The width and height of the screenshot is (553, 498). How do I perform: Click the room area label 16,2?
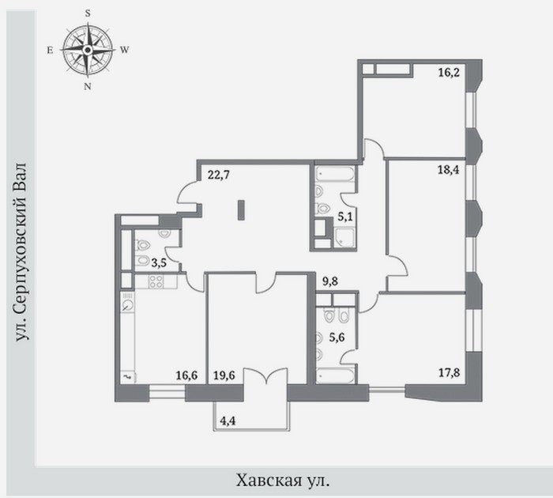pos(449,73)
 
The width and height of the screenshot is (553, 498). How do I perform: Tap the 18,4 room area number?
pos(449,170)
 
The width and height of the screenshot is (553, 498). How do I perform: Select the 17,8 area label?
pos(449,372)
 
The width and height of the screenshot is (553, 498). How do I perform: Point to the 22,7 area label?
pos(219,175)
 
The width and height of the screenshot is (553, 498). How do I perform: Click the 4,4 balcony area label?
pos(228,421)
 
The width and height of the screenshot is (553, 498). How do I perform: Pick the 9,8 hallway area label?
pos(330,281)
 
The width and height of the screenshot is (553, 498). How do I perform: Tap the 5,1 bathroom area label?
pos(345,217)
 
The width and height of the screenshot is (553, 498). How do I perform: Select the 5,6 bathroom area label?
pos(337,338)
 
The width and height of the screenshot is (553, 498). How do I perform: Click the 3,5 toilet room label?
pos(159,263)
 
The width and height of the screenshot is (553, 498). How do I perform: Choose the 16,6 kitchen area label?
pos(186,375)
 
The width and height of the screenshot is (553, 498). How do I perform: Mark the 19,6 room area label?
pos(224,375)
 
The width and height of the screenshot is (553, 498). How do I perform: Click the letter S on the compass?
pos(88,13)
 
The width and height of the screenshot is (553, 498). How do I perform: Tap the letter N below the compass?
pos(88,86)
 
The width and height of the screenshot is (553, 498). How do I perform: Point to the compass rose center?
pos(88,50)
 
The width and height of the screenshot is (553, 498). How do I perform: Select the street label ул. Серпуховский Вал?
pos(21,251)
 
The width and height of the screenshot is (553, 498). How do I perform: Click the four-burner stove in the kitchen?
pos(156,281)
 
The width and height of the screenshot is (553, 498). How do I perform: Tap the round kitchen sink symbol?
pos(128,305)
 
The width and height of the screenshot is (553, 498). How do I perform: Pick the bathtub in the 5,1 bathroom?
pos(335,174)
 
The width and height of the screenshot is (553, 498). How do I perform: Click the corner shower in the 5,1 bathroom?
pos(344,238)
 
